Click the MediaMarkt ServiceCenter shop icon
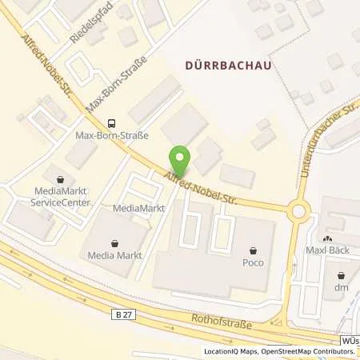pos(58,178)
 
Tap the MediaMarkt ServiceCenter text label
pos(58,197)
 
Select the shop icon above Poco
pos(254,250)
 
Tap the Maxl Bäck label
pos(327,252)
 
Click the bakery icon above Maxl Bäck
pos(327,239)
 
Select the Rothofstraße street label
pos(221,324)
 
